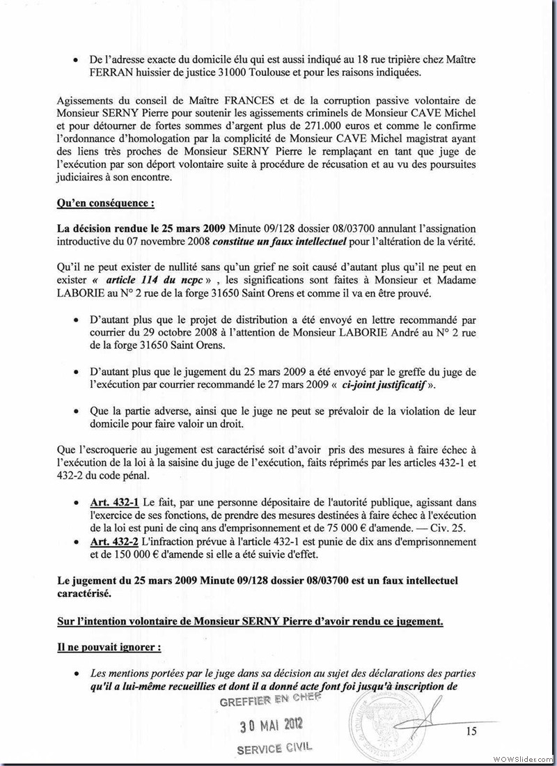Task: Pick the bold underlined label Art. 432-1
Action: click(115, 501)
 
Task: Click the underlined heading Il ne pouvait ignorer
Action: click(109, 646)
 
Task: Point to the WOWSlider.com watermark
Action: click(521, 758)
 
